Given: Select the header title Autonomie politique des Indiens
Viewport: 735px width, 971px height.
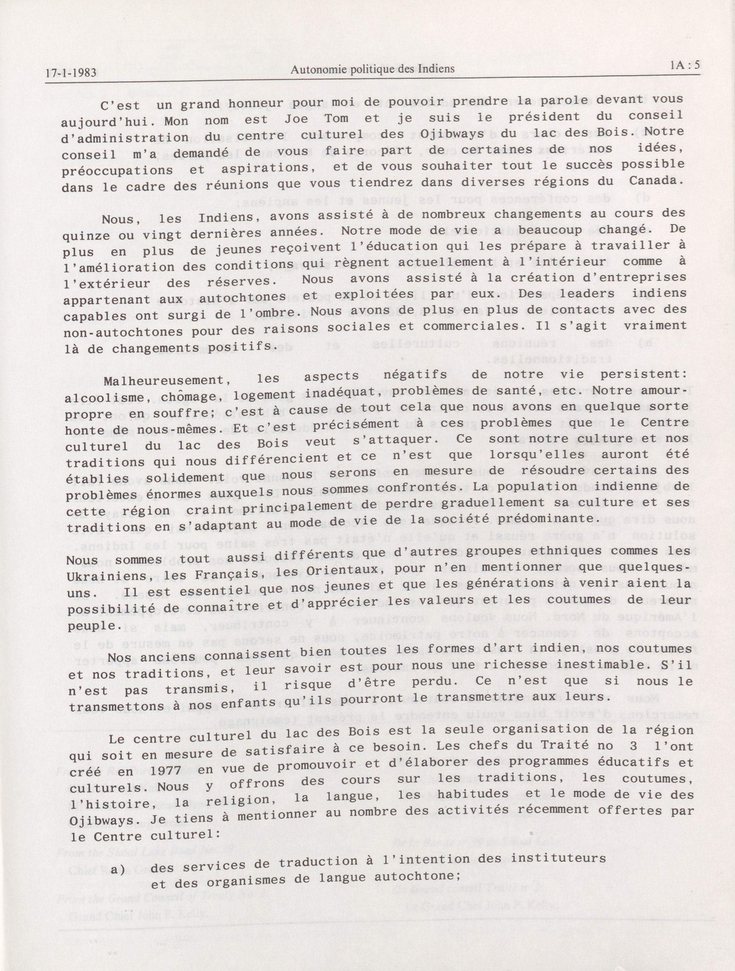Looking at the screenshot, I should (373, 69).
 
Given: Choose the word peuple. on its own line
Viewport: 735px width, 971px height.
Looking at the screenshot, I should (88, 625).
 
